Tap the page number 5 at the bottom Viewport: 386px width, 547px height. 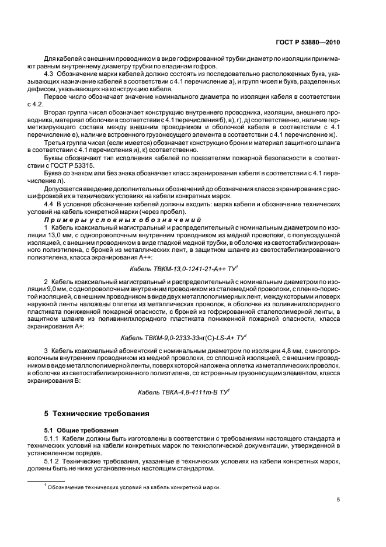339,500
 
